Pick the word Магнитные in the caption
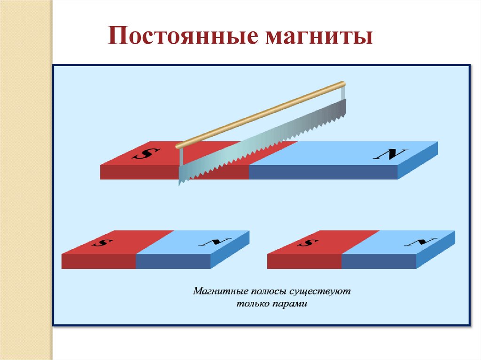point(216,291)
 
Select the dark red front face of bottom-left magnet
point(99,261)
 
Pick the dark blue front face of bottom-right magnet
point(379,261)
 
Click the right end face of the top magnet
point(418,161)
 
